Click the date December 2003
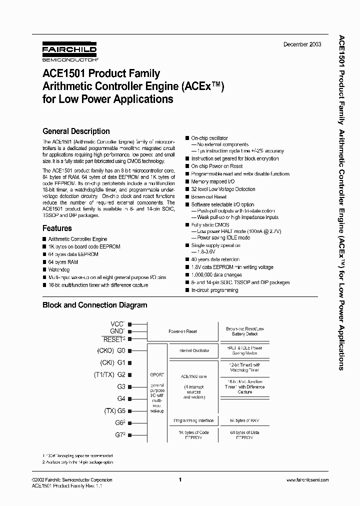[x=302, y=44]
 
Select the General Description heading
[x=76, y=131]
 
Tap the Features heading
[x=57, y=228]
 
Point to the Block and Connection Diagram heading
[x=94, y=304]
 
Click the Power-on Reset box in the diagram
[x=182, y=331]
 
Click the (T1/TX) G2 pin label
[x=109, y=374]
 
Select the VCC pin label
[x=117, y=324]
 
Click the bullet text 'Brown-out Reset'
[x=209, y=197]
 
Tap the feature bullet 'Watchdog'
[x=59, y=269]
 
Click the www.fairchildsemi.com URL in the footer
[x=307, y=479]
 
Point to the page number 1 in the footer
[x=179, y=479]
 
